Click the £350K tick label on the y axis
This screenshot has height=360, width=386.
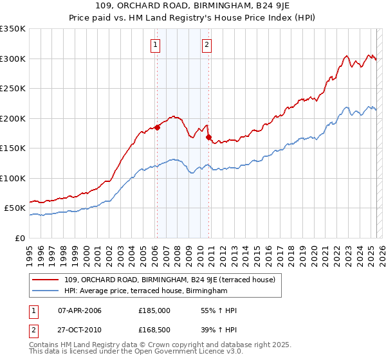(x=13, y=29)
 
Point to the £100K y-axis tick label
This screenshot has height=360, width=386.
(x=13, y=178)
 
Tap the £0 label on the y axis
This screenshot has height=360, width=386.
(x=20, y=238)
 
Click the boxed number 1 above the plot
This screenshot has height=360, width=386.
(x=156, y=45)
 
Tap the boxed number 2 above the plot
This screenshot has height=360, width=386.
(x=207, y=45)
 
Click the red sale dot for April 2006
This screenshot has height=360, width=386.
(x=157, y=127)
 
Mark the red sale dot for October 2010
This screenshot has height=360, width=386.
(x=208, y=137)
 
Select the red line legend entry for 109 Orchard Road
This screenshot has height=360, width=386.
(x=170, y=280)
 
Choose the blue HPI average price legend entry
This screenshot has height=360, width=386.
(x=146, y=291)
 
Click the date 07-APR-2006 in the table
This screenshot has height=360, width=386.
(x=80, y=310)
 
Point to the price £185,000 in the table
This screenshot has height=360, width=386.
(x=154, y=310)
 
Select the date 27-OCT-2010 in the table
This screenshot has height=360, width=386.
(x=80, y=332)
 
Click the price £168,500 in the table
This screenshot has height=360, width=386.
(x=154, y=332)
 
